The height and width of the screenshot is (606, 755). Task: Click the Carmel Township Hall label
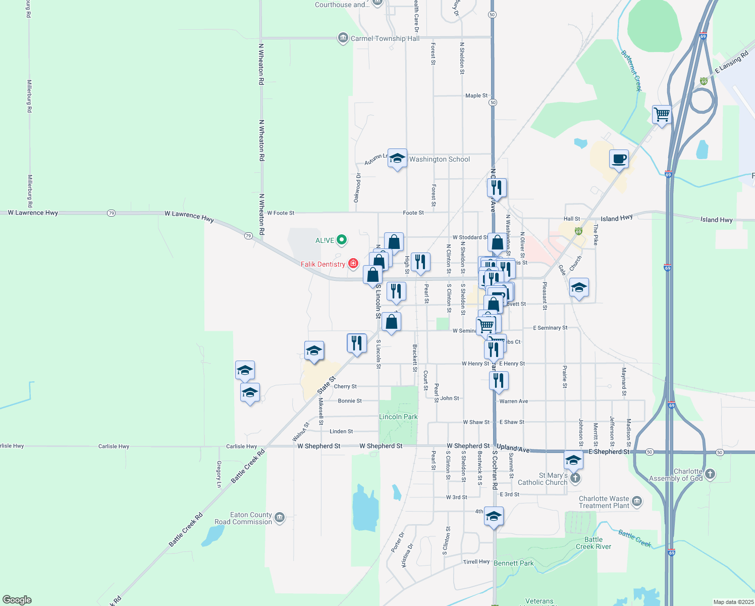tap(385, 38)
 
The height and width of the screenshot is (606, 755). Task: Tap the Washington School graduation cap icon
tap(397, 159)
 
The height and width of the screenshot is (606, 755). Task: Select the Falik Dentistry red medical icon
tap(353, 263)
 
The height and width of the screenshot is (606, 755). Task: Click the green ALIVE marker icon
tap(342, 240)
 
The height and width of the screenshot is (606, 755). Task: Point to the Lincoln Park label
tap(398, 417)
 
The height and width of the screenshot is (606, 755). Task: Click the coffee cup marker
tap(619, 160)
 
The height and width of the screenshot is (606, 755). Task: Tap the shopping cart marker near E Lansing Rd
tap(661, 114)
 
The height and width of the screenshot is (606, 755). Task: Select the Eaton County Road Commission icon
tap(280, 518)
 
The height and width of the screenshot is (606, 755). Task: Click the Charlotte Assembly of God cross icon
tap(710, 474)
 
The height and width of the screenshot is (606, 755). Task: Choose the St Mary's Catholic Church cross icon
tap(575, 478)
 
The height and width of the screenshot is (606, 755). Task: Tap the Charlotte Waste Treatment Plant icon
tap(637, 501)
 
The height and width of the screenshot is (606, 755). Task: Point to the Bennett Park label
tap(513, 563)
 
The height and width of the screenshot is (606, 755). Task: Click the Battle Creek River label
tap(594, 543)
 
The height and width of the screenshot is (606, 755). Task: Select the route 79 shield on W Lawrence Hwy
tap(111, 213)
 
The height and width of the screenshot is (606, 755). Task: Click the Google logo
tap(17, 600)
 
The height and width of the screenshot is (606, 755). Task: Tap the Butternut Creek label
tap(631, 70)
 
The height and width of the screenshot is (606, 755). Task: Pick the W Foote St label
tap(281, 213)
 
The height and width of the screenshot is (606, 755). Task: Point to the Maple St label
tap(476, 95)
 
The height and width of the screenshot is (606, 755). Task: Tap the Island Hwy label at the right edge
tap(716, 220)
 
